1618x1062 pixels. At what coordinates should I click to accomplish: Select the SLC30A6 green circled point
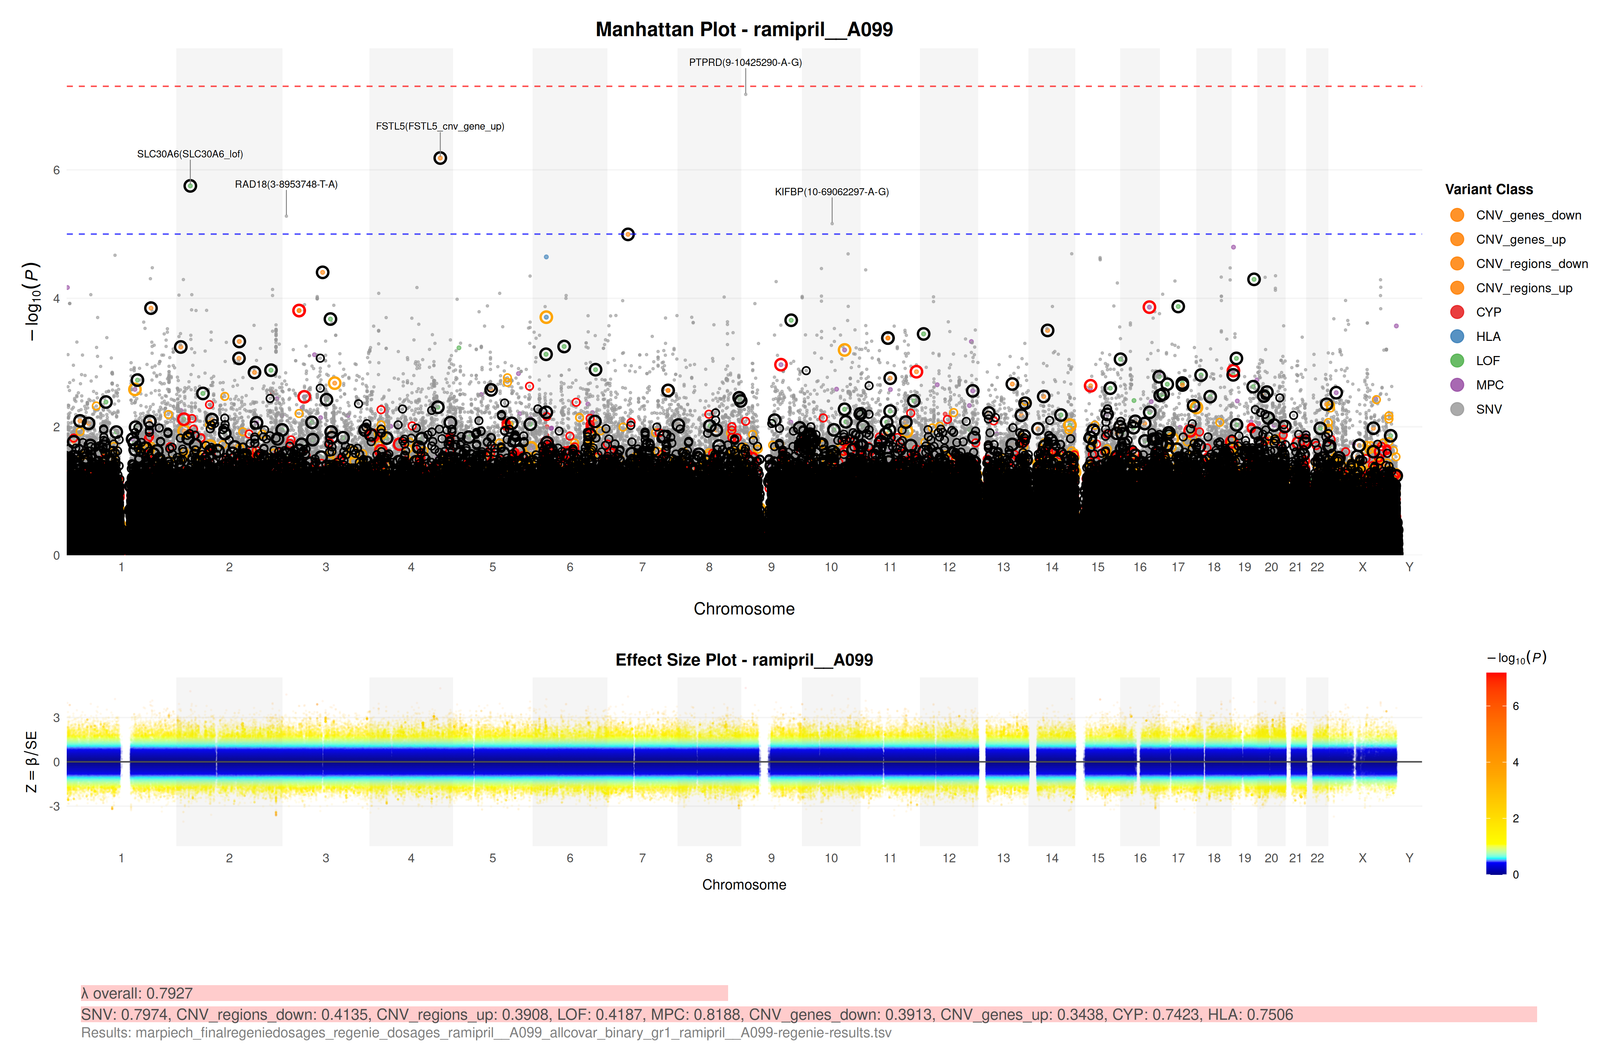pyautogui.click(x=190, y=186)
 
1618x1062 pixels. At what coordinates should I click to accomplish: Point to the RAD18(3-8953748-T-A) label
pyautogui.click(x=286, y=184)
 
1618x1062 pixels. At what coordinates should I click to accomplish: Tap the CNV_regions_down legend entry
pyautogui.click(x=1531, y=264)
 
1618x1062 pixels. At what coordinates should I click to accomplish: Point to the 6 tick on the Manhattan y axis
pyautogui.click(x=56, y=170)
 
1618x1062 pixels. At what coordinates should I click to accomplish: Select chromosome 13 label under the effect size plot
pyautogui.click(x=1003, y=858)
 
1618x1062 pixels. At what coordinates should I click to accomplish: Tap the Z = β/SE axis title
pyautogui.click(x=31, y=762)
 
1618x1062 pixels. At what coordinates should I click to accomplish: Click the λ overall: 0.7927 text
pyautogui.click(x=137, y=993)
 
